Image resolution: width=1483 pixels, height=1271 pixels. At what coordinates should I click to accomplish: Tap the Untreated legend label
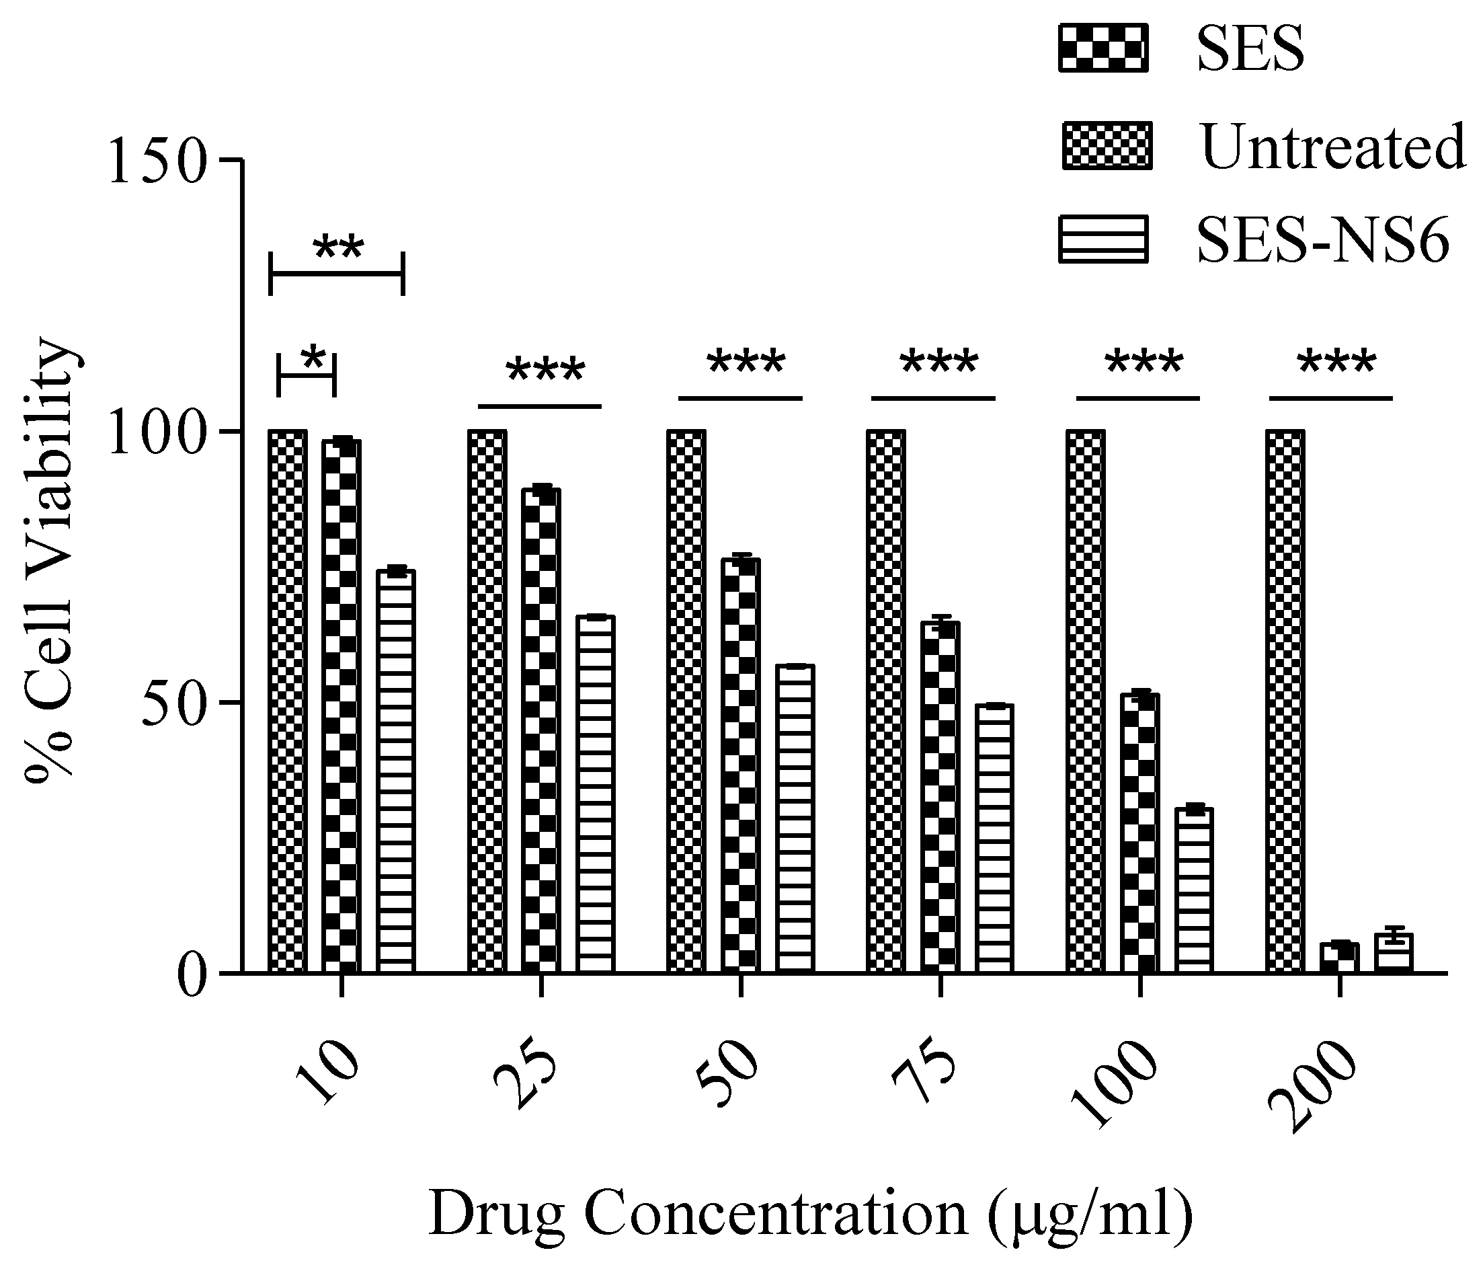click(1332, 146)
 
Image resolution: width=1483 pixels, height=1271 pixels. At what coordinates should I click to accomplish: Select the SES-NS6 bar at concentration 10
click(396, 771)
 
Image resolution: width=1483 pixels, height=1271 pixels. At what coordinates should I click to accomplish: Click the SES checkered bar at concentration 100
click(1140, 833)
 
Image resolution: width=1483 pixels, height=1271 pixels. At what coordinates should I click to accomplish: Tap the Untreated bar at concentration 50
click(686, 701)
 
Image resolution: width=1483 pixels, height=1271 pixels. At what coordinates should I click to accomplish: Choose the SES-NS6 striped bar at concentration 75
click(994, 838)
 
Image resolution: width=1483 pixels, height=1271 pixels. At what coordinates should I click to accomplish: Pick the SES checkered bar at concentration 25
click(541, 730)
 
